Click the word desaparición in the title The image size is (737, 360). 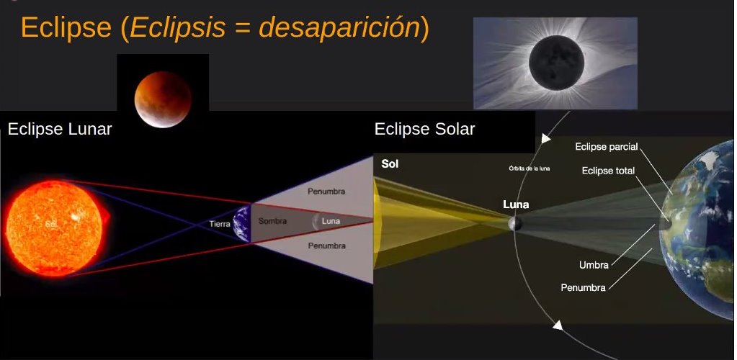click(339, 28)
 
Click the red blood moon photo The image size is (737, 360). click(163, 99)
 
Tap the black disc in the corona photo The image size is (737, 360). click(556, 63)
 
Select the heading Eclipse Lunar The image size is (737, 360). click(60, 129)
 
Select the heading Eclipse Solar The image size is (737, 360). click(424, 129)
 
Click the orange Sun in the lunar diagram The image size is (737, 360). click(55, 228)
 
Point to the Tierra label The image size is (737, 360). click(220, 224)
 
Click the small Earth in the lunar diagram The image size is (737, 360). click(243, 223)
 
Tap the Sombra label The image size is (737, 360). click(272, 221)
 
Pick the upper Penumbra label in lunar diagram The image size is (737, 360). click(326, 192)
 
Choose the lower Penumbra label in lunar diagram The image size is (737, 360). click(326, 246)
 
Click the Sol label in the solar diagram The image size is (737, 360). click(390, 164)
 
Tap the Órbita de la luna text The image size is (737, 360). click(530, 168)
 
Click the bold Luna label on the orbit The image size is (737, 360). click(516, 204)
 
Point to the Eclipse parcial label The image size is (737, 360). click(607, 147)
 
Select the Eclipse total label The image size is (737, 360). click(608, 171)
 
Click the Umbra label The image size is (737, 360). click(594, 265)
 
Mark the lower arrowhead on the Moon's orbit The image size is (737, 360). click(558, 325)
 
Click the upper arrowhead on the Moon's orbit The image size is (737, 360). click(545, 139)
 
